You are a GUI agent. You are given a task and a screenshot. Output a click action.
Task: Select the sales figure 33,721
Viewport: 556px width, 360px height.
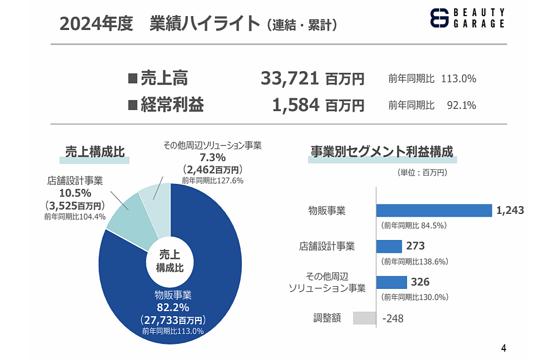pos(290,79)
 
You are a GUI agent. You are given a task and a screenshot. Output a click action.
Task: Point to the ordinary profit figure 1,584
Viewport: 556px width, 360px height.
pos(295,104)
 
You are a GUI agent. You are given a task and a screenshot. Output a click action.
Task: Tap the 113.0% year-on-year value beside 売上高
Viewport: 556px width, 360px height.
pos(458,79)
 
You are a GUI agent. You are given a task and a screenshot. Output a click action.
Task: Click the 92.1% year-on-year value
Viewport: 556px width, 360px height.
pos(461,105)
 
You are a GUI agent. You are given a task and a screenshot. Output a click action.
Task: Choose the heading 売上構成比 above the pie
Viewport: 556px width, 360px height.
pos(95,152)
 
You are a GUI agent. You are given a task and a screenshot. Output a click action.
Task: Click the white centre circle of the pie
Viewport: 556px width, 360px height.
pos(170,262)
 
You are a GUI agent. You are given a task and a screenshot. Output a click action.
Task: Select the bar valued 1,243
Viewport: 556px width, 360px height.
pos(434,211)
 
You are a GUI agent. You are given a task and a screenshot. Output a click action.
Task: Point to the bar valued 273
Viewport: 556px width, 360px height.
pos(389,246)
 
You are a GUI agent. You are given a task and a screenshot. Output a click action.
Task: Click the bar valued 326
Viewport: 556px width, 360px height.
pos(391,282)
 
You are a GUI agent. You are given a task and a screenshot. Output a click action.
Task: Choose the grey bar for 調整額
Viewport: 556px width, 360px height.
pos(364,318)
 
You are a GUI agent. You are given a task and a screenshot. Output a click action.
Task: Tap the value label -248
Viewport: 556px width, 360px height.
pos(393,318)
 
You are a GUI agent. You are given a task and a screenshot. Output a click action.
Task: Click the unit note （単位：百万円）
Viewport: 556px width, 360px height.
pos(423,173)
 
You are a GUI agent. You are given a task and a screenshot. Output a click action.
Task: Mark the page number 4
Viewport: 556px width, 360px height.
pos(504,349)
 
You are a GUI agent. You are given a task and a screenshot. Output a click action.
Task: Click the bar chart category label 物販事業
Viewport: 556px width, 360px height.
pos(327,211)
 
